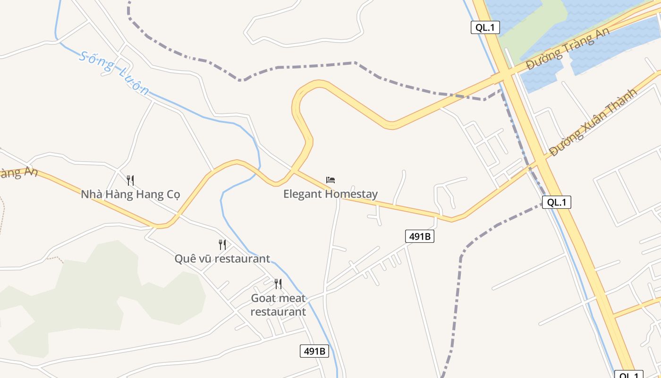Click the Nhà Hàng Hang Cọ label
(130, 194)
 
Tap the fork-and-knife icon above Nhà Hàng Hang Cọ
(130, 180)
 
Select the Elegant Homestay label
(330, 194)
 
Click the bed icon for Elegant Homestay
(330, 180)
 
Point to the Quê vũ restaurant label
(222, 258)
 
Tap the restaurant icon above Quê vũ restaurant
(222, 244)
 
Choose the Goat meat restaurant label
(278, 305)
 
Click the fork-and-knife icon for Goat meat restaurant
(278, 283)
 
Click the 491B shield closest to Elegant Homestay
(419, 236)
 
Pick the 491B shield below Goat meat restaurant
(314, 351)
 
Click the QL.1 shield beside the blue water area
(485, 27)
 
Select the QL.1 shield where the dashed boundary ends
(557, 202)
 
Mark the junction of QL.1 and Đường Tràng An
(504, 76)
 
